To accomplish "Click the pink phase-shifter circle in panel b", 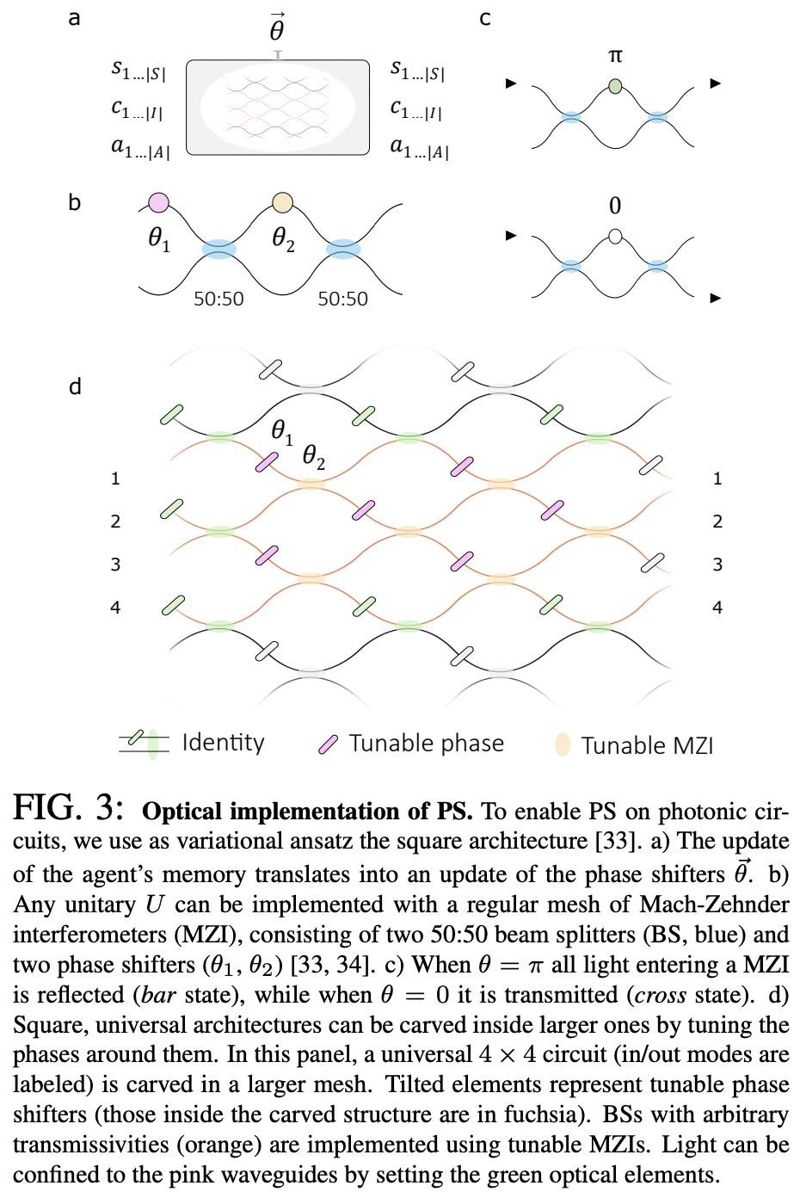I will [158, 203].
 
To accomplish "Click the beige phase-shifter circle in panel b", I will [282, 203].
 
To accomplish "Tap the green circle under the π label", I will [615, 86].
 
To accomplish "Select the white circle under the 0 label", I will [615, 236].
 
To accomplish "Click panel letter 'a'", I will [75, 18].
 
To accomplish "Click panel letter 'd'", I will [75, 386].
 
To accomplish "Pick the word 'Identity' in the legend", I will [223, 743].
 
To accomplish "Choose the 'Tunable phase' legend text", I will [426, 744].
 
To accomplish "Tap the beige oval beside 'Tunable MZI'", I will [563, 744].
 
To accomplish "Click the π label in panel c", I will [615, 56].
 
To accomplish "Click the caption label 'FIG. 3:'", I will [69, 809].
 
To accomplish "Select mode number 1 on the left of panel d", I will [115, 479].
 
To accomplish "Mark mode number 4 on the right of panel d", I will [717, 608].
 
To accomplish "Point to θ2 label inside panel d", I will [314, 456].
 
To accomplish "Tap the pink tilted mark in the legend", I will [328, 744].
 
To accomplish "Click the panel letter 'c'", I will [485, 18].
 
